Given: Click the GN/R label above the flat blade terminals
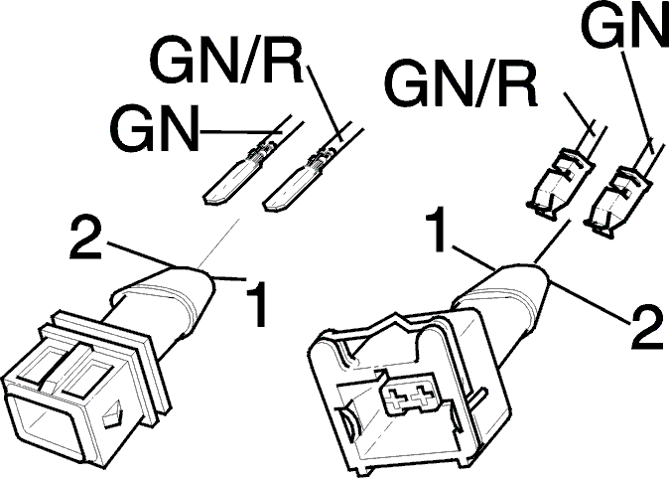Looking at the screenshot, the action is [x=227, y=64].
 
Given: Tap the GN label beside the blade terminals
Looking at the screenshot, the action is [x=155, y=128].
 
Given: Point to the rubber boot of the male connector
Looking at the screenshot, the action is [x=171, y=299].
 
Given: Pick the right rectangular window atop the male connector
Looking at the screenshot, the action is [x=87, y=377].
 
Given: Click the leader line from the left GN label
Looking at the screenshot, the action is [x=240, y=131].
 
